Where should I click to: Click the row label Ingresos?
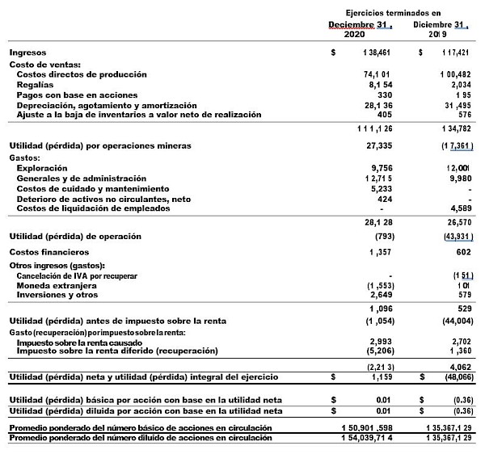pyautogui.click(x=28, y=53)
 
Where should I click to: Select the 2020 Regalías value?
pyautogui.click(x=379, y=84)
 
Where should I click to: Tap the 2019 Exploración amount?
pyautogui.click(x=458, y=167)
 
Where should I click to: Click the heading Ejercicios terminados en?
pyautogui.click(x=393, y=13)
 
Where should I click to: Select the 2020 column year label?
pyautogui.click(x=355, y=36)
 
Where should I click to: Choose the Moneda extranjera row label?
pyautogui.click(x=57, y=285)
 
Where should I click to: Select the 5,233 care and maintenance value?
pyautogui.click(x=379, y=188)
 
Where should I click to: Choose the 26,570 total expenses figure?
pyautogui.click(x=457, y=222)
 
